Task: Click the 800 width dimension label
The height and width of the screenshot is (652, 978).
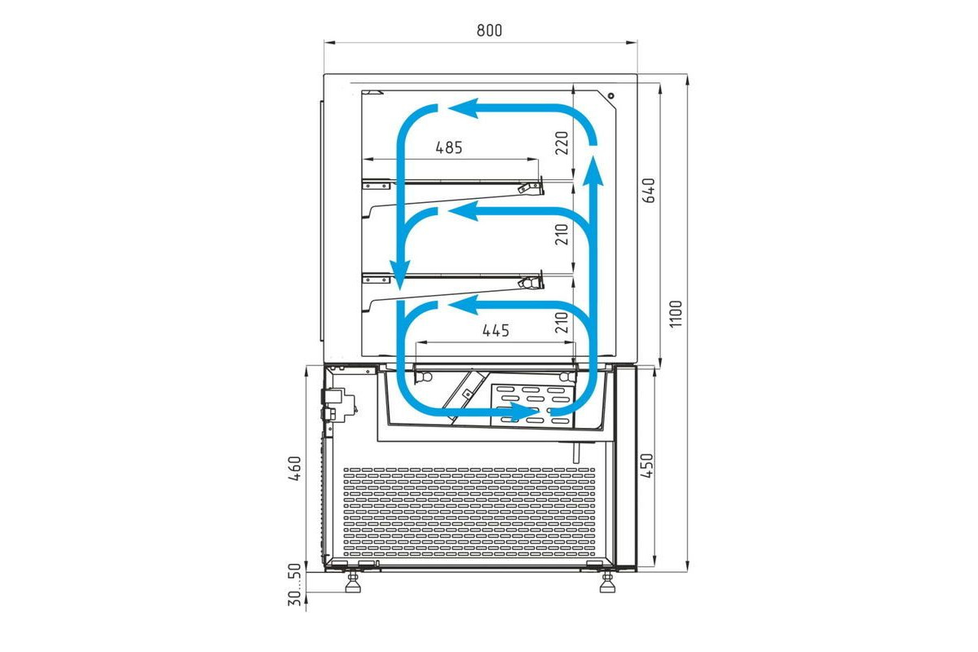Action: click(489, 31)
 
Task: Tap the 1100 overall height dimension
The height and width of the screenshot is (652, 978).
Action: click(676, 314)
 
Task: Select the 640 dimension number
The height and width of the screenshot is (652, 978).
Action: click(649, 190)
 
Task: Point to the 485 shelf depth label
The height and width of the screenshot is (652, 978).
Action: click(449, 148)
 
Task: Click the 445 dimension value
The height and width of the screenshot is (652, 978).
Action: click(496, 331)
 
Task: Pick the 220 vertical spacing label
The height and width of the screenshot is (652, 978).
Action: click(562, 143)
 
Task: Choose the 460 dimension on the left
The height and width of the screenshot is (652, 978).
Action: click(295, 469)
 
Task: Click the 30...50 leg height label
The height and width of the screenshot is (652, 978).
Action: click(295, 584)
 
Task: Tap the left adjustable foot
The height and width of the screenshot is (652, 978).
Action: click(353, 583)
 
